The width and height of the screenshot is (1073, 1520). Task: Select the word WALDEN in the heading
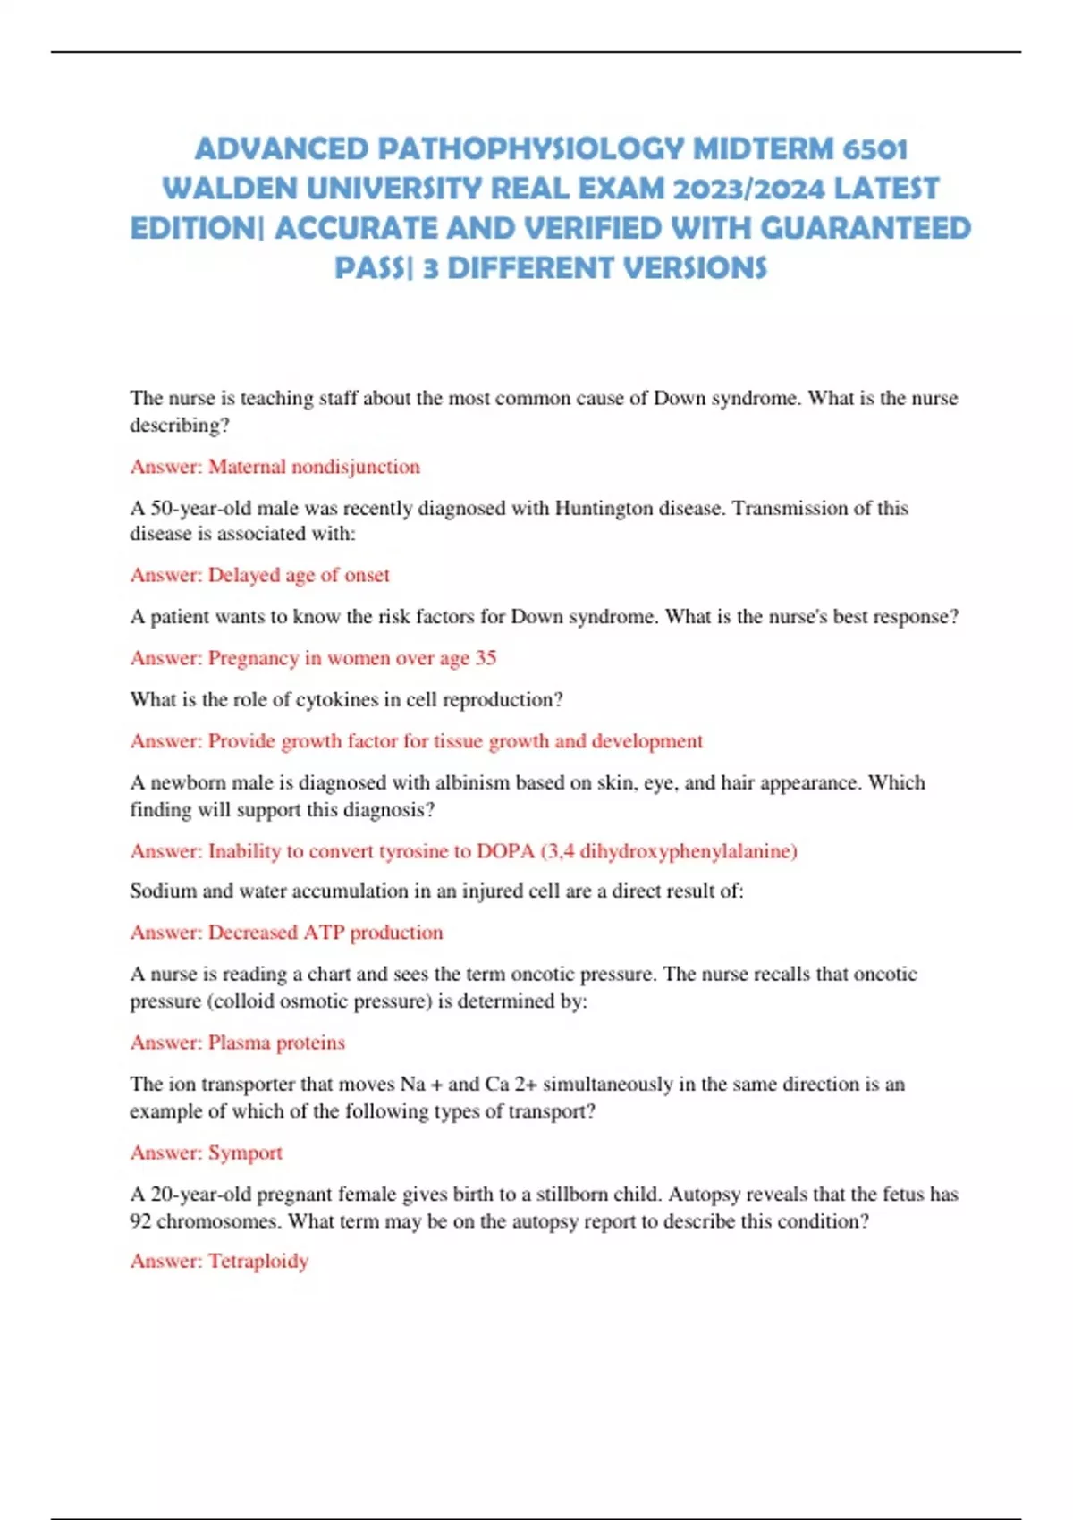[231, 189]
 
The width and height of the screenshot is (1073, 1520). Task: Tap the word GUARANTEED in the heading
[866, 229]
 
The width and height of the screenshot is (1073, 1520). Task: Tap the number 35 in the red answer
[486, 658]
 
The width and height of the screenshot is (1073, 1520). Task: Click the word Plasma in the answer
[239, 1043]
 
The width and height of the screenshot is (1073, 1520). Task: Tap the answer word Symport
[245, 1153]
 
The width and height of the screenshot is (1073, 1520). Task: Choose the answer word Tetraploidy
[258, 1261]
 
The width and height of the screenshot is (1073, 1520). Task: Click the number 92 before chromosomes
[140, 1220]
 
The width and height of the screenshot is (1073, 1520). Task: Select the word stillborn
[572, 1194]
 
